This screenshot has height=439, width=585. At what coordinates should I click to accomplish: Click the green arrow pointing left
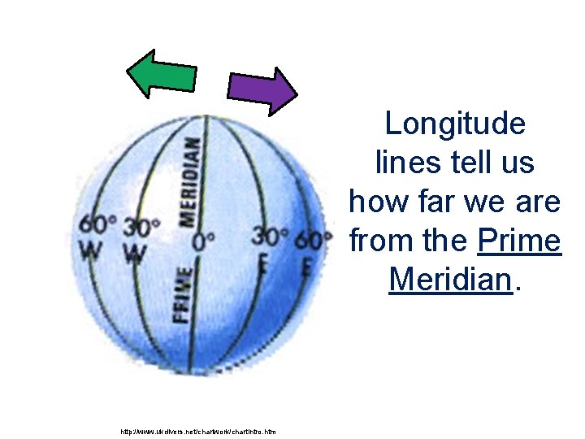pos(162,72)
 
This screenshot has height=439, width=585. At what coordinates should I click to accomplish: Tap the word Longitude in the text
pos(455,124)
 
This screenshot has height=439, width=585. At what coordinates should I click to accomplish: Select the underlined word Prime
pos(520,241)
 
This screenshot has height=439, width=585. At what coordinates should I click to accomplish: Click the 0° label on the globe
pos(205,241)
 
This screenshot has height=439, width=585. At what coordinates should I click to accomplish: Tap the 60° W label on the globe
pos(96,238)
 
